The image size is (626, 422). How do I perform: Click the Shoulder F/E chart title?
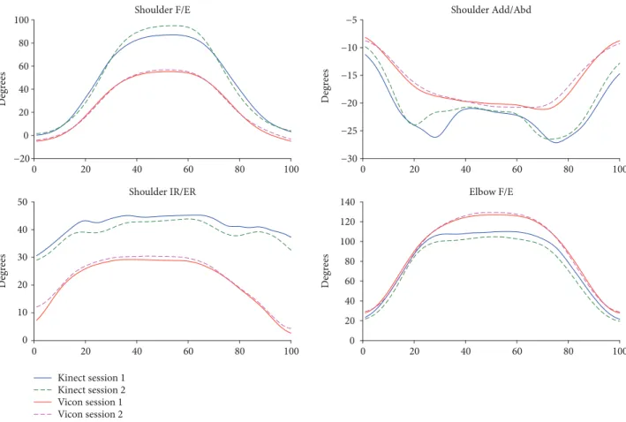coord(162,10)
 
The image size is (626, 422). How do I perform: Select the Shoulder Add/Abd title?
coord(491,10)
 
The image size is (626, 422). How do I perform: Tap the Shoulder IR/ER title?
coord(162,192)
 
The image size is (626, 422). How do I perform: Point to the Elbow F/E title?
coord(491,192)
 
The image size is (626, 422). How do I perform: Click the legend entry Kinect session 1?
coord(92,378)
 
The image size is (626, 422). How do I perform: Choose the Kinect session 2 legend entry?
coord(92,389)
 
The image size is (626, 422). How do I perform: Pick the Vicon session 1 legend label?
coord(90,402)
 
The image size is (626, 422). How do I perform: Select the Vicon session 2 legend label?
coord(90,414)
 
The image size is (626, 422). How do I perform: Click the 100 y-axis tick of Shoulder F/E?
coord(21,20)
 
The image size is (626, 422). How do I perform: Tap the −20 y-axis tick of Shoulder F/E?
coord(21,159)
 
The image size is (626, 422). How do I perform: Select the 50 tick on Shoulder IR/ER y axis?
coord(23,202)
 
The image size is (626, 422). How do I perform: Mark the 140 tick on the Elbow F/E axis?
coord(348,202)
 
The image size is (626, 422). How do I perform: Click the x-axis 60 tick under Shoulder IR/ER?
coord(188,351)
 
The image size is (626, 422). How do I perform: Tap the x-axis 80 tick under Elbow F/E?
coord(568,351)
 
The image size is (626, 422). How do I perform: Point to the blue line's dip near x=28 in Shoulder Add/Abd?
coord(434,137)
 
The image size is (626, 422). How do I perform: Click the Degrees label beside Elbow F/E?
coord(326,271)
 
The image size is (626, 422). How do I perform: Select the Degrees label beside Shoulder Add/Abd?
coord(326,86)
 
